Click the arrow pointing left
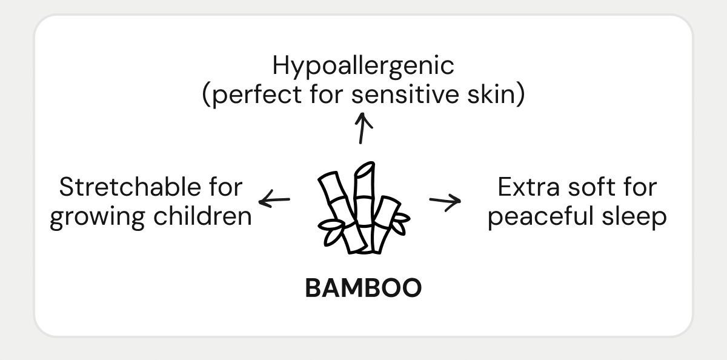point(274,199)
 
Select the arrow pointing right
point(445,201)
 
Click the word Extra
point(527,187)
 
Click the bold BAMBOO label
point(363,288)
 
